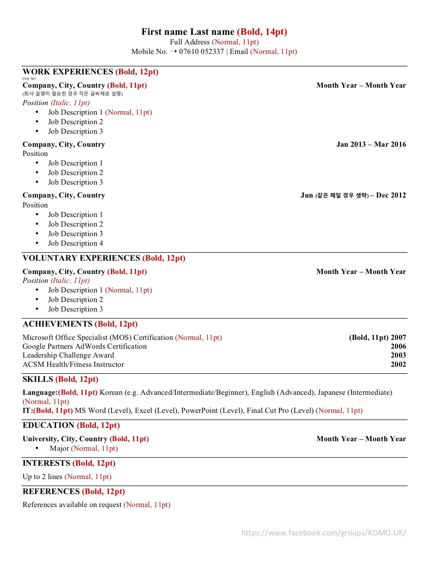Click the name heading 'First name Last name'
click(x=188, y=32)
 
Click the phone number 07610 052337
click(x=201, y=52)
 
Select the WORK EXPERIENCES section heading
click(x=68, y=72)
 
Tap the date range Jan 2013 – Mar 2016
click(x=371, y=144)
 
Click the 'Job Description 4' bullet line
click(x=75, y=243)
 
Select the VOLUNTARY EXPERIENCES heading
click(x=82, y=258)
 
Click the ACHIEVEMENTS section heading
click(x=58, y=324)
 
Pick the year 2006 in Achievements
click(x=398, y=346)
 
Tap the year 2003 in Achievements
click(x=398, y=355)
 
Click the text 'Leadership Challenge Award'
click(x=68, y=355)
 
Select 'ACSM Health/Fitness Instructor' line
click(x=73, y=364)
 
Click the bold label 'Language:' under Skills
click(x=40, y=392)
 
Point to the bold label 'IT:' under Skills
click(x=28, y=410)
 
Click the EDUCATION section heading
click(x=48, y=425)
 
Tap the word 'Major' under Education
click(x=59, y=448)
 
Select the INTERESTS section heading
click(x=46, y=463)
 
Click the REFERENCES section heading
click(x=51, y=491)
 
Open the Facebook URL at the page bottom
click(x=324, y=533)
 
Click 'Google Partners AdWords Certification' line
click(x=85, y=346)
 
